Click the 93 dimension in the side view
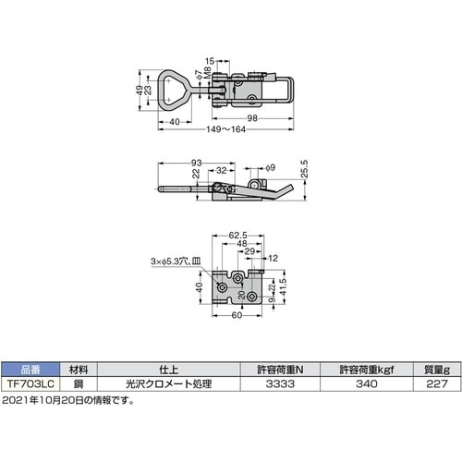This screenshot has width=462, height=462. point(197,163)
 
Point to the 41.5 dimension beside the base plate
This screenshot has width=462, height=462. point(293,289)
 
